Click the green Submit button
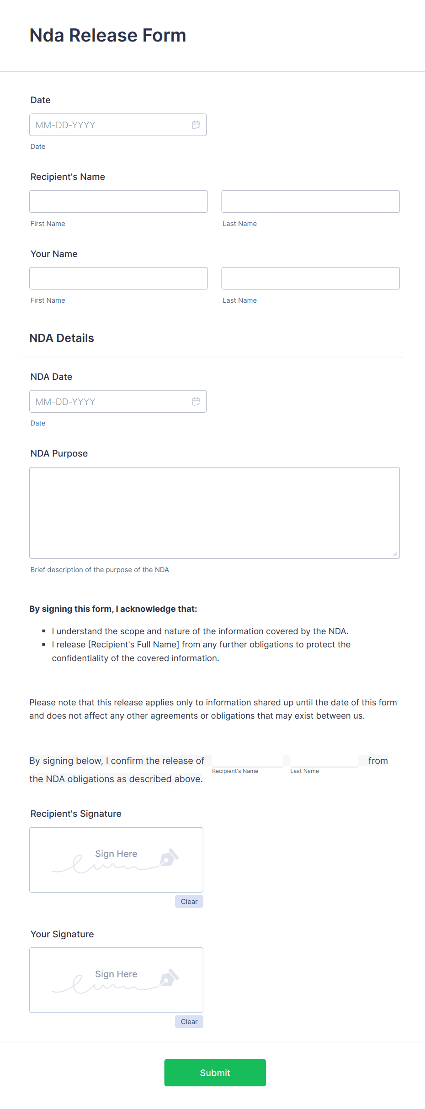pyautogui.click(x=215, y=1072)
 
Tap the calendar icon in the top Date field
pyautogui.click(x=196, y=125)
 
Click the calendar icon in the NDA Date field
pyautogui.click(x=196, y=401)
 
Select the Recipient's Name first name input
pyautogui.click(x=118, y=201)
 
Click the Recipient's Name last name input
pyautogui.click(x=310, y=201)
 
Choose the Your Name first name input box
pyautogui.click(x=118, y=278)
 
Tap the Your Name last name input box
pyautogui.click(x=310, y=278)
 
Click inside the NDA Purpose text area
pyautogui.click(x=214, y=512)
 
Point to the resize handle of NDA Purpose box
pyautogui.click(x=395, y=554)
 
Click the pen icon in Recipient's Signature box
pyautogui.click(x=169, y=857)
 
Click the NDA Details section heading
pyautogui.click(x=62, y=338)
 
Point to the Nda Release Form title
pyautogui.click(x=108, y=36)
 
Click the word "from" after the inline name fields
pyautogui.click(x=378, y=761)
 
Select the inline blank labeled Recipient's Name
pyautogui.click(x=247, y=761)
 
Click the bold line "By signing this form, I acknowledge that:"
pyautogui.click(x=113, y=609)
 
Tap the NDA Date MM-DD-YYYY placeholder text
pyautogui.click(x=65, y=402)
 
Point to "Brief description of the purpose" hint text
pyautogui.click(x=100, y=570)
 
